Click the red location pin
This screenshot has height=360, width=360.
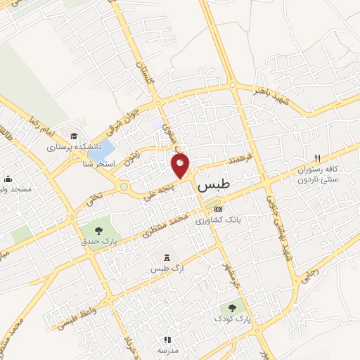pyautogui.click(x=180, y=165)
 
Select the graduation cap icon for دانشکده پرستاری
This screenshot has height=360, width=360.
pyautogui.click(x=74, y=136)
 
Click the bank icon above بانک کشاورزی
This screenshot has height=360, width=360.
pyautogui.click(x=217, y=209)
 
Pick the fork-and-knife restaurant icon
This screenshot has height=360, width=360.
pyautogui.click(x=317, y=158)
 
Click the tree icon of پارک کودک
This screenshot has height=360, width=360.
pyautogui.click(x=233, y=307)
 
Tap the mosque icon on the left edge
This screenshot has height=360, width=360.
pyautogui.click(x=8, y=179)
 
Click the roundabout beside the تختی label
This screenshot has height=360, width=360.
pyautogui.click(x=124, y=188)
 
